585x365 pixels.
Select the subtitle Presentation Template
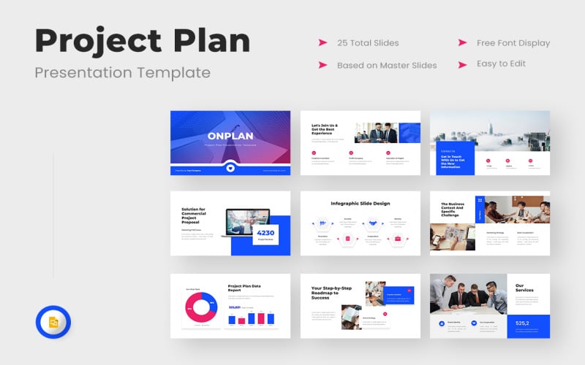point(123,72)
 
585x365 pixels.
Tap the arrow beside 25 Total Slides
point(322,43)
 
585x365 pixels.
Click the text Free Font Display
point(513,43)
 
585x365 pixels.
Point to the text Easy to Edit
point(502,64)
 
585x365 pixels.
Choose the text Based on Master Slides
point(387,65)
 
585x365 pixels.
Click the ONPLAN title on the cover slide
point(230,137)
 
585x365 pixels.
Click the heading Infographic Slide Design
point(360,202)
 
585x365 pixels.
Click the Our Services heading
point(524,288)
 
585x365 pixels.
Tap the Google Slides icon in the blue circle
point(53,322)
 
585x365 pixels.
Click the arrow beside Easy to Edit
point(462,64)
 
